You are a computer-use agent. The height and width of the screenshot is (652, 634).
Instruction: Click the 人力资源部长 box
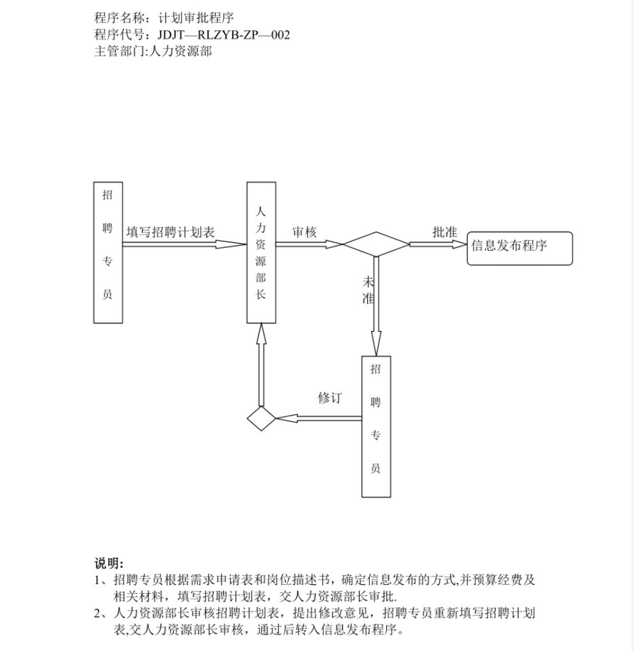click(262, 252)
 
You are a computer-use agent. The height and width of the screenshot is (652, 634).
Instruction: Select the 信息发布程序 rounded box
click(520, 248)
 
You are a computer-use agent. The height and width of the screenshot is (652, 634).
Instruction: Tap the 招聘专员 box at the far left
click(108, 252)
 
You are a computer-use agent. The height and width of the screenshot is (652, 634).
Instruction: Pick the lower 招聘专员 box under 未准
click(376, 426)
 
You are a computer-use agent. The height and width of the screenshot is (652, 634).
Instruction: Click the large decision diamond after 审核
click(376, 244)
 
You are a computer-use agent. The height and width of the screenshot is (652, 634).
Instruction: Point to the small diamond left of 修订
click(262, 419)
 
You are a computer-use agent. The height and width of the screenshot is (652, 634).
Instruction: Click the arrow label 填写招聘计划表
click(171, 232)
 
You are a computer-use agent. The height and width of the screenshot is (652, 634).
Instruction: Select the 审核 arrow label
click(305, 232)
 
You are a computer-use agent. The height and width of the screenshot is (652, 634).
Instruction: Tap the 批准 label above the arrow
click(445, 232)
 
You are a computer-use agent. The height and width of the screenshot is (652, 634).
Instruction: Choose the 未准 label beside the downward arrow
click(369, 290)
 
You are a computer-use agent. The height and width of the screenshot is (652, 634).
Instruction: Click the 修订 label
click(330, 398)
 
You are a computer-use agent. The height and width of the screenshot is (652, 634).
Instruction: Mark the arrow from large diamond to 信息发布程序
click(439, 244)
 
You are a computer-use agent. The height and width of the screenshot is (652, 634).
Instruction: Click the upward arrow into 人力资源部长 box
click(262, 365)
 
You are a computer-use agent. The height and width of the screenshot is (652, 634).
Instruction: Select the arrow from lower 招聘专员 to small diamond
click(319, 418)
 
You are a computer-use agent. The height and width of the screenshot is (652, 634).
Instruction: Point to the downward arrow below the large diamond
click(376, 306)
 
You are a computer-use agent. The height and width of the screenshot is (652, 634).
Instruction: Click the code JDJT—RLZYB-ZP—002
click(224, 35)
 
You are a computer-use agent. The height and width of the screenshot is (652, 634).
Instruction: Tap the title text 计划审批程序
click(196, 18)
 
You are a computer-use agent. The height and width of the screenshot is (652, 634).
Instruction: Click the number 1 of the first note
click(97, 580)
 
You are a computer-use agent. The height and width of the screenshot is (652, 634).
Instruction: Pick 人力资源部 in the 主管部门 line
click(180, 51)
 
